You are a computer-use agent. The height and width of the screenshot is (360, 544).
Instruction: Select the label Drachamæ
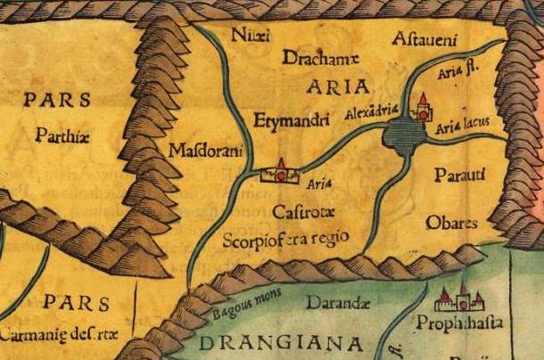(x=320, y=59)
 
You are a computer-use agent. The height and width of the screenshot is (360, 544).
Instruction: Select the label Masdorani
(x=205, y=151)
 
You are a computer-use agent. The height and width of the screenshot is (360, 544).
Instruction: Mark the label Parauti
(x=460, y=173)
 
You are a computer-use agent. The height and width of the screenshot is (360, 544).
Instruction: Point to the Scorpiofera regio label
(x=299, y=239)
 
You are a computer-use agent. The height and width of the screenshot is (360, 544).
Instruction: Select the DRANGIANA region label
(x=281, y=343)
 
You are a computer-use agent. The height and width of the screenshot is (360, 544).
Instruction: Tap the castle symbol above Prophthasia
(x=460, y=297)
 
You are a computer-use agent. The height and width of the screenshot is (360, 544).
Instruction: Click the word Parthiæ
(x=62, y=136)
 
